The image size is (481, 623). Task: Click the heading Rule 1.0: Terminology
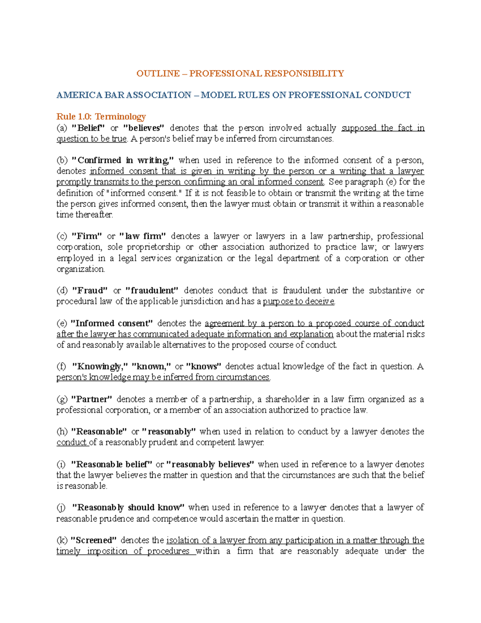click(x=101, y=117)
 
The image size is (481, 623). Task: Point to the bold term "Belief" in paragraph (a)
click(x=88, y=128)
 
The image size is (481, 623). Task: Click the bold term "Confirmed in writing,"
click(x=123, y=160)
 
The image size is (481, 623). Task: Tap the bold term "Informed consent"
click(x=112, y=323)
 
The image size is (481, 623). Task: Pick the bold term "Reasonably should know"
click(x=128, y=507)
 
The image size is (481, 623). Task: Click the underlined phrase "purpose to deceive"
click(x=299, y=301)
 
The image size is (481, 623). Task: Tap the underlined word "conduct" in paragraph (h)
click(x=71, y=442)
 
